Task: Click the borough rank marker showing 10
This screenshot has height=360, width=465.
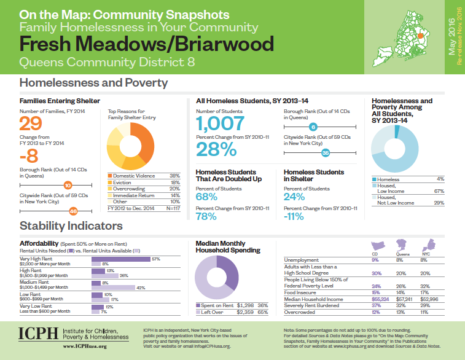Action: (68, 184)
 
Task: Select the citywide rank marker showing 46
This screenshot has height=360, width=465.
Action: (73, 211)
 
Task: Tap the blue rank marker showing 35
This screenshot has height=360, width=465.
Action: (326, 152)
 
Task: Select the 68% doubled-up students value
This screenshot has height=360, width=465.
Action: (206, 197)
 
